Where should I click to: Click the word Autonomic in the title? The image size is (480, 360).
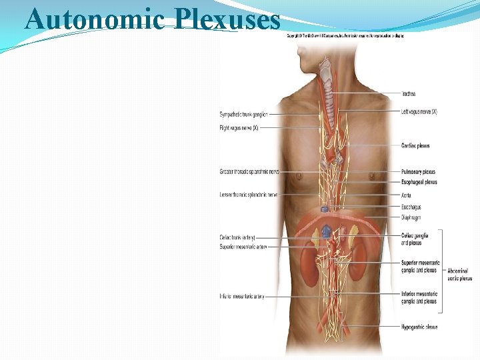(94, 19)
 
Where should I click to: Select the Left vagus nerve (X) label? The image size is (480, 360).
(419, 111)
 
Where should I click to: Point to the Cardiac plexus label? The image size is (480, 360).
(415, 145)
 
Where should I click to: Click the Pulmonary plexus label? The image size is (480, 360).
(418, 171)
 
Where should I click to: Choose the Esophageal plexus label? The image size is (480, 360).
(419, 182)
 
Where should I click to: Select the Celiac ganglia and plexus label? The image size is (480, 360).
(415, 239)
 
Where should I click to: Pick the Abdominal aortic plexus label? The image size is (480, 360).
(459, 275)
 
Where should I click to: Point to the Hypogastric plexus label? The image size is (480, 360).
(419, 327)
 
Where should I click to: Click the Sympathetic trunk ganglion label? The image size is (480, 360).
(244, 115)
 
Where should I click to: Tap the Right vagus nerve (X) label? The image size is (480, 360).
(239, 127)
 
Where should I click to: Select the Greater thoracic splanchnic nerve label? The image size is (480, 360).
(248, 171)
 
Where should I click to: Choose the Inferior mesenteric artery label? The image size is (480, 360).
(241, 296)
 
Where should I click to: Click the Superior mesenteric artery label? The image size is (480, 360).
(243, 247)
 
